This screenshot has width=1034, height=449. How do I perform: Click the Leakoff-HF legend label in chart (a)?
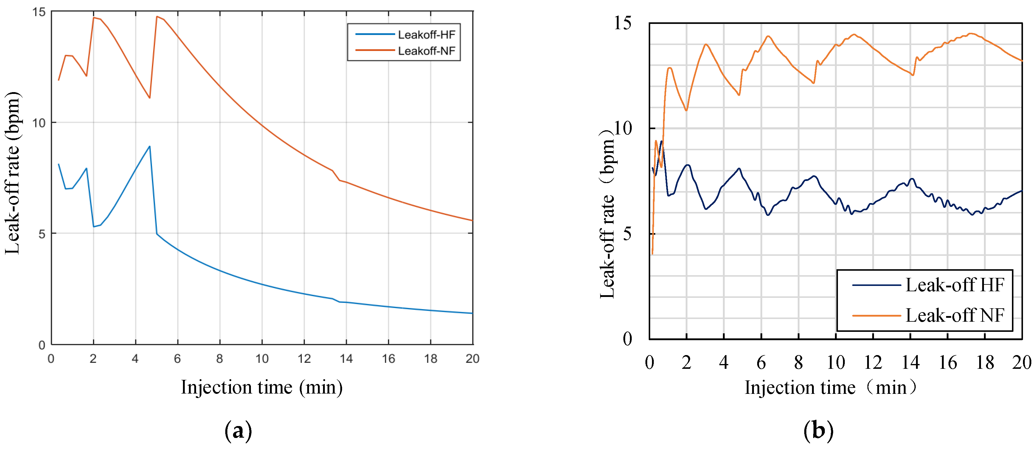pos(426,35)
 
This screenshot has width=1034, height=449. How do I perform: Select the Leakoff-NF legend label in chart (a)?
pos(426,51)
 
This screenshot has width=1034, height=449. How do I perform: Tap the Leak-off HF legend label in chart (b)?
pos(954,285)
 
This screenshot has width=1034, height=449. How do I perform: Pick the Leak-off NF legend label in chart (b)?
pos(954,316)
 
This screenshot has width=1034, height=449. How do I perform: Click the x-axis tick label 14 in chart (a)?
pos(346,359)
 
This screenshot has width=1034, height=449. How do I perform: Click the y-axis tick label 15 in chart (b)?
pos(622,23)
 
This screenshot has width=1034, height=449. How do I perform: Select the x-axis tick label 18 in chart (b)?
pos(985,363)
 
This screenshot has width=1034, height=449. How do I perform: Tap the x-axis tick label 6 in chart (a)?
pos(177,359)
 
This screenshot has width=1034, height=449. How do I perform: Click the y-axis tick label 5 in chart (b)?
pos(627,234)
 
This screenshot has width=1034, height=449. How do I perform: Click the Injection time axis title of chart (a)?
pos(262,388)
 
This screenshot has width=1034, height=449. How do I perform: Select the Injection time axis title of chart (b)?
pos(831,388)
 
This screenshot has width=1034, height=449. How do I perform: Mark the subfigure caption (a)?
pos(238,431)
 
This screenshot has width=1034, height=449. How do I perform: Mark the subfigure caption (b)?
pos(819,431)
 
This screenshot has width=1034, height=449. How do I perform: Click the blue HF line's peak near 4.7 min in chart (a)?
pos(150,147)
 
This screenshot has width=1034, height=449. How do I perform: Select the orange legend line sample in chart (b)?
pos(877,316)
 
